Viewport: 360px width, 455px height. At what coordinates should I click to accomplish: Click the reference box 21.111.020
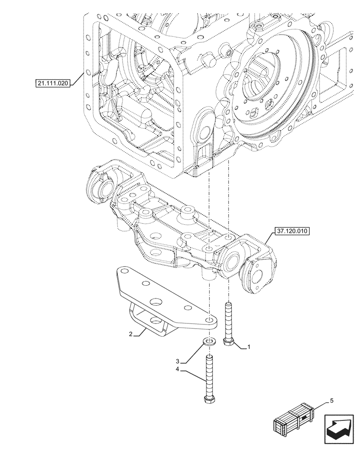pos(53,83)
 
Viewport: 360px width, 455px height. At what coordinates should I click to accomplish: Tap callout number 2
pos(130,334)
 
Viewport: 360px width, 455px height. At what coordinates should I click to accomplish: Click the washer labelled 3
pos(210,341)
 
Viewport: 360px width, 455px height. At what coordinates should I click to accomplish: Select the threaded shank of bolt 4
pos(210,375)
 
